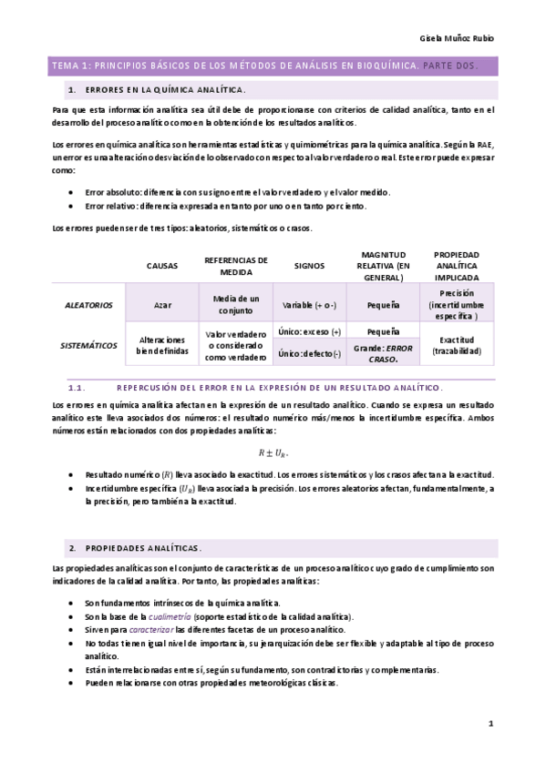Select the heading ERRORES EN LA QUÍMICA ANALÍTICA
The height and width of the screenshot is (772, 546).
164,90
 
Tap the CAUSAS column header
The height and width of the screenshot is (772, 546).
162,265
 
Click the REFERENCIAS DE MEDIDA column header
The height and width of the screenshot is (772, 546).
236,265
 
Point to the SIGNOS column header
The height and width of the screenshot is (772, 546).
309,265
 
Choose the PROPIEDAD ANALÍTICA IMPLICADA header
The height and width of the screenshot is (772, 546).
458,265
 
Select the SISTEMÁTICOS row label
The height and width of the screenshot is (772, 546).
88,345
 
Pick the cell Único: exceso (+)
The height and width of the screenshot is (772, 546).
309,331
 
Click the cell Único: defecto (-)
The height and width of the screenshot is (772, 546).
309,353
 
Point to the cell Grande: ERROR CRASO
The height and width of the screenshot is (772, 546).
383,353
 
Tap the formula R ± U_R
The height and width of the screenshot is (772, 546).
273,452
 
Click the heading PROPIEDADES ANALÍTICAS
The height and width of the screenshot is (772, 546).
142,547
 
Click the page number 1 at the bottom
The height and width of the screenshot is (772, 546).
489,724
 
